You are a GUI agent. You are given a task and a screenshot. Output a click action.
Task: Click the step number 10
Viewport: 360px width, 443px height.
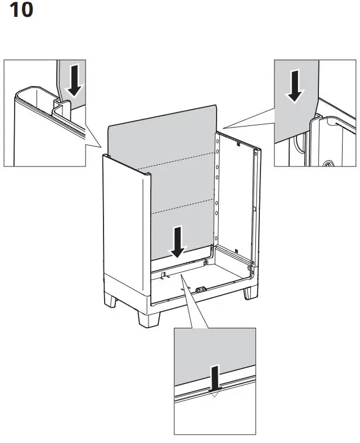pyautogui.click(x=22, y=11)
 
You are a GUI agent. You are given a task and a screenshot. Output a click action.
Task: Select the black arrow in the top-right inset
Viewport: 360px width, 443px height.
pyautogui.click(x=294, y=86)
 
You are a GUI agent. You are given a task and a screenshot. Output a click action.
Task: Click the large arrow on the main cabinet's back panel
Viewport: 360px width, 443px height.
pyautogui.click(x=178, y=240)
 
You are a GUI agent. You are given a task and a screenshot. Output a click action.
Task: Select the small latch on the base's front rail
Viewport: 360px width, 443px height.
pyautogui.click(x=200, y=290)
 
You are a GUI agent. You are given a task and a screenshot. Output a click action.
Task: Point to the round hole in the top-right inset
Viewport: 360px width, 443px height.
pyautogui.click(x=327, y=165)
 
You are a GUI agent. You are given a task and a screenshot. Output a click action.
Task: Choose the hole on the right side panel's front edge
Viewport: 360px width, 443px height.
pyautogui.click(x=255, y=209)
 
